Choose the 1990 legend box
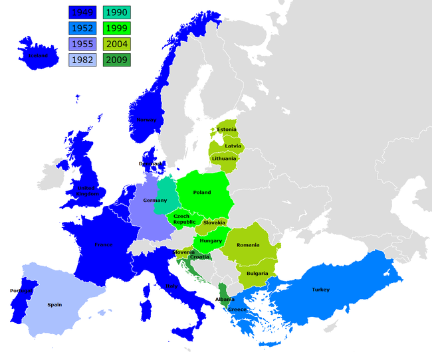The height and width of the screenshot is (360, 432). click(117, 12)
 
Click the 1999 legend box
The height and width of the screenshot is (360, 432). click(117, 28)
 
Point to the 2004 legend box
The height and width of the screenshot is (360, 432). click(117, 45)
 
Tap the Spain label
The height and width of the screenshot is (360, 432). click(54, 305)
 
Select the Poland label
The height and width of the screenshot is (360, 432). click(202, 193)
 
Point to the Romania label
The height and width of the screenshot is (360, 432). click(247, 245)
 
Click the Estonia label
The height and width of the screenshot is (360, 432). click(227, 129)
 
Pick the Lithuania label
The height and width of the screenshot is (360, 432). click(224, 159)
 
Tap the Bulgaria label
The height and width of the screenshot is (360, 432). click(257, 273)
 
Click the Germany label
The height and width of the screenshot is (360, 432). click(155, 200)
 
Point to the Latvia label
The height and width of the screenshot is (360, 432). click(233, 145)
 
